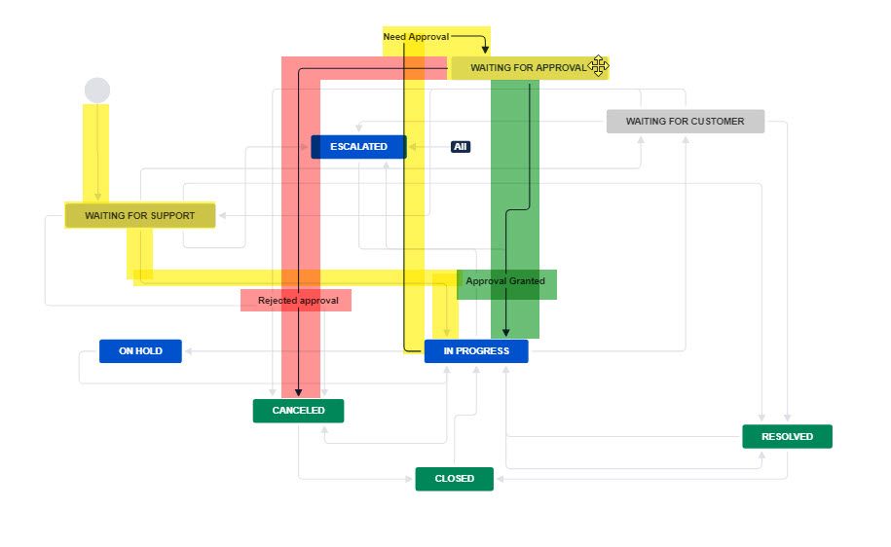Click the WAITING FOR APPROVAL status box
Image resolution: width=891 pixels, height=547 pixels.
coord(527,68)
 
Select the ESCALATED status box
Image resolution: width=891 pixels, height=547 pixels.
coord(358,147)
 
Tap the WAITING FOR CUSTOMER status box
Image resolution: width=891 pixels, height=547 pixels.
coord(685,122)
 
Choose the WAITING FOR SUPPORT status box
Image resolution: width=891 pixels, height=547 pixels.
coord(139,215)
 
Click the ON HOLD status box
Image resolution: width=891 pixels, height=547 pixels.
coord(140,351)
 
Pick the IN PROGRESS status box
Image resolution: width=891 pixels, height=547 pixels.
coord(476,351)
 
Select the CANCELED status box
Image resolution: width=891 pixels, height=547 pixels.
coord(298,411)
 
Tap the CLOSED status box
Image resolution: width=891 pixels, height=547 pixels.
coord(454,479)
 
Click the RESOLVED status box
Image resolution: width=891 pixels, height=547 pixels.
coord(787,437)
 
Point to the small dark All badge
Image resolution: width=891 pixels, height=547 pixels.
coord(461,147)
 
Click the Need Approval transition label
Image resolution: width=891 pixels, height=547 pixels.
coord(416,37)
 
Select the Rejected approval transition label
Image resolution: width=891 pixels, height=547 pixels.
coord(298,301)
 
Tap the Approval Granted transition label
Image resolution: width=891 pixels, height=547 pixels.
coord(505,281)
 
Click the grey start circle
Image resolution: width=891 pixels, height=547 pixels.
coord(97,91)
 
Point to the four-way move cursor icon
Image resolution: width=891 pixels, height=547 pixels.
coord(598,66)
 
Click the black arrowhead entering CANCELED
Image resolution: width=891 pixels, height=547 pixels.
coord(298,393)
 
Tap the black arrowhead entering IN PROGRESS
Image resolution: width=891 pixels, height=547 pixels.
coord(506,334)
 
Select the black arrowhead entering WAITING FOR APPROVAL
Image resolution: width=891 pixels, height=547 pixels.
coord(485,50)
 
